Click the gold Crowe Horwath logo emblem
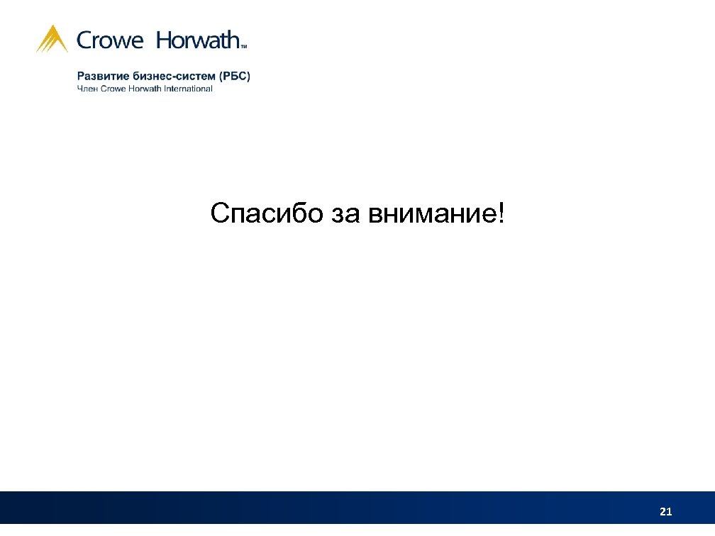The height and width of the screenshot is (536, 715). click(x=52, y=39)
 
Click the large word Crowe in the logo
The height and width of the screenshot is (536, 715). click(x=110, y=41)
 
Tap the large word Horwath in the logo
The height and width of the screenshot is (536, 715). click(x=198, y=40)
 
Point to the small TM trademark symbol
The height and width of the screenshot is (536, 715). click(x=244, y=46)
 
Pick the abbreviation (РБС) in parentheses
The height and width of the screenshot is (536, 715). click(x=235, y=76)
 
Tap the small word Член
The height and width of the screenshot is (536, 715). click(x=87, y=89)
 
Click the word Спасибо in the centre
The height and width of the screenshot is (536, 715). click(x=267, y=213)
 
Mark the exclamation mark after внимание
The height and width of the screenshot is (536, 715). click(x=503, y=212)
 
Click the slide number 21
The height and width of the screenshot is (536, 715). click(x=665, y=511)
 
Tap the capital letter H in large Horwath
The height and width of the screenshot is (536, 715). click(x=165, y=40)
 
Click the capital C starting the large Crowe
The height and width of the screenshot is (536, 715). click(x=85, y=41)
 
